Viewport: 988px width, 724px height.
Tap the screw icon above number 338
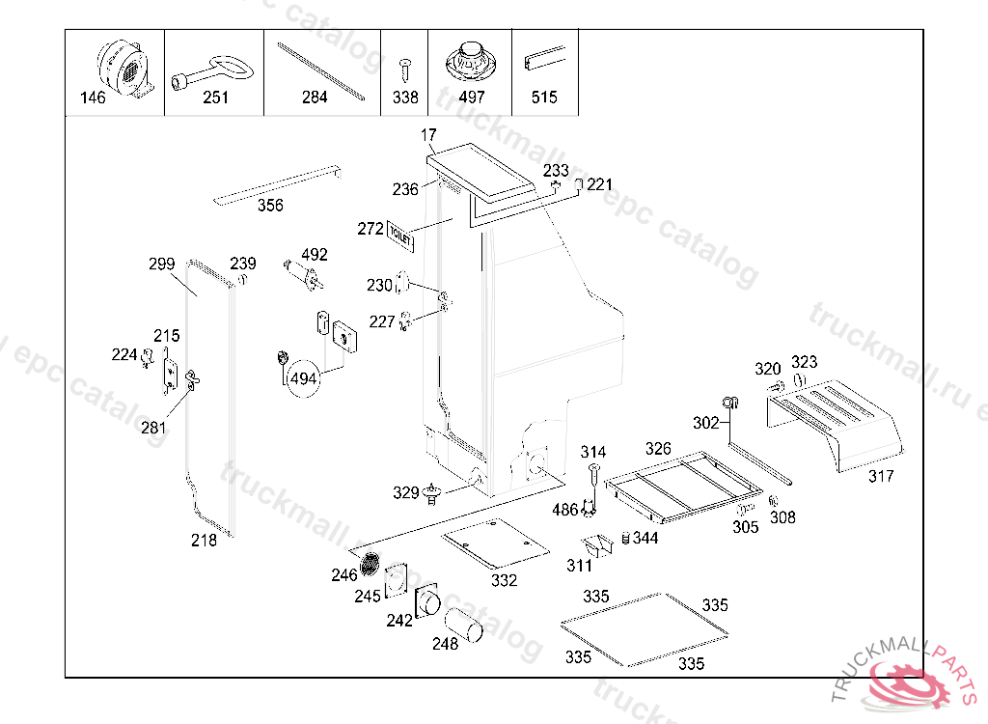click(x=405, y=69)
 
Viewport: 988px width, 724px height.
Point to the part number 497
click(x=472, y=97)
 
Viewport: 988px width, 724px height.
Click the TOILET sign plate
click(x=400, y=236)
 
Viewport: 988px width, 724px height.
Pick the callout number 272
click(x=370, y=229)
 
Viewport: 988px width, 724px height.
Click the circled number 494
click(x=304, y=378)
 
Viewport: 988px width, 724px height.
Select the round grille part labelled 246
click(x=370, y=563)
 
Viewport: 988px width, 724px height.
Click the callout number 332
click(x=504, y=580)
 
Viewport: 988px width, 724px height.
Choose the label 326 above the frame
click(x=658, y=449)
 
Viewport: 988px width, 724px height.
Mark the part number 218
click(x=204, y=541)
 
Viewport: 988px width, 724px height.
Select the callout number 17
click(x=429, y=135)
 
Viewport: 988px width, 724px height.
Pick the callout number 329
click(x=406, y=493)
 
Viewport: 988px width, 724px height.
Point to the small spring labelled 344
click(x=624, y=537)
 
